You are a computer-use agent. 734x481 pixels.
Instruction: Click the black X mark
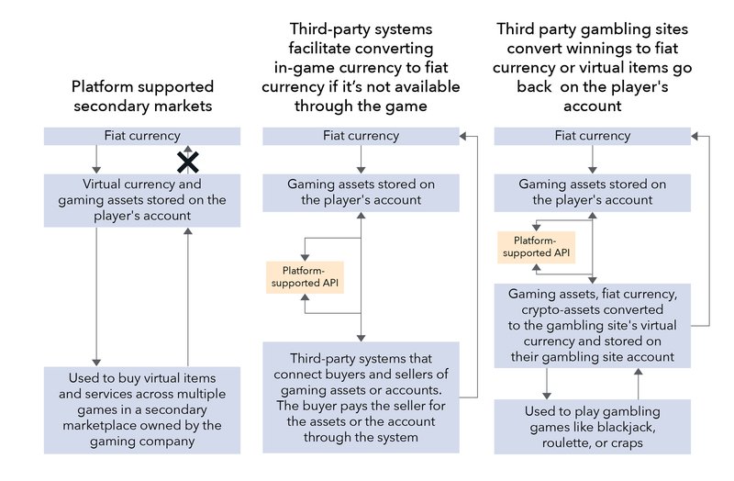click(188, 162)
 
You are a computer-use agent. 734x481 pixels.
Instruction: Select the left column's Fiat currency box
click(142, 136)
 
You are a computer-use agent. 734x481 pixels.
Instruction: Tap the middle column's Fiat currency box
click(361, 136)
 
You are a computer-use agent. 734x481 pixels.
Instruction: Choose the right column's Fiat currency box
click(593, 136)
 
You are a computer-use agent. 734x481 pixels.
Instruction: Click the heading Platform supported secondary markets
click(142, 96)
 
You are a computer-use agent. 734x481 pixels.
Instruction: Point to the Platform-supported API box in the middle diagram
click(304, 276)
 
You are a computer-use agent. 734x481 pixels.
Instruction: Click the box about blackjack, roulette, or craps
click(593, 426)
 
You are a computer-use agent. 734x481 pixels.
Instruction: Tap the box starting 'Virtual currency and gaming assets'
click(142, 200)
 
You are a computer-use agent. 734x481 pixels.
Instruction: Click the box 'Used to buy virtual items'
click(142, 409)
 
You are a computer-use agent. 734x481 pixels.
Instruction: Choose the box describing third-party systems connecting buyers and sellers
click(361, 397)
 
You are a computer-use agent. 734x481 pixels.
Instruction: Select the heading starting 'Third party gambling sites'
click(593, 67)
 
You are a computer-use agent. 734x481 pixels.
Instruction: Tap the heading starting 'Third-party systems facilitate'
click(361, 67)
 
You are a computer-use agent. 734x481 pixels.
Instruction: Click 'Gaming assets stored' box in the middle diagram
click(361, 192)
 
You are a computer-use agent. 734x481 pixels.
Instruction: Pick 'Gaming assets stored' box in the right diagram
click(593, 192)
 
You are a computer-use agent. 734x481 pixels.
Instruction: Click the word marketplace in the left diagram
click(102, 425)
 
